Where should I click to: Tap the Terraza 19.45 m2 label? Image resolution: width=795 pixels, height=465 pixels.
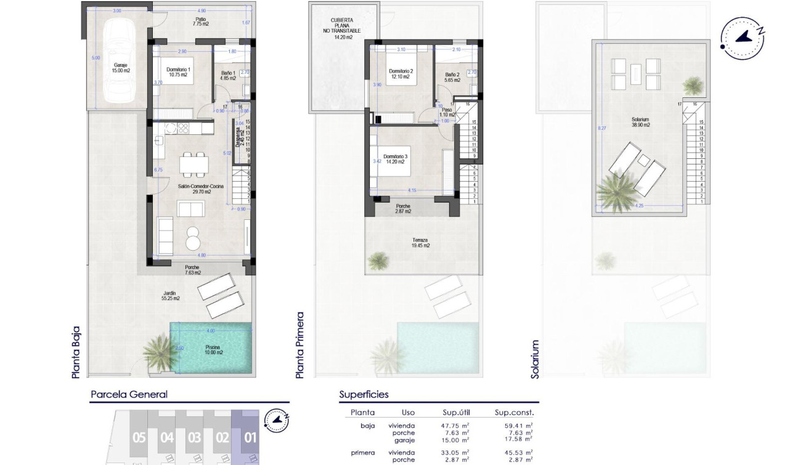(421, 243)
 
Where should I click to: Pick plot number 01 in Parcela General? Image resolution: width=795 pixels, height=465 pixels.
(250, 438)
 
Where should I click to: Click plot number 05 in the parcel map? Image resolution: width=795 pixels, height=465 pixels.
(139, 438)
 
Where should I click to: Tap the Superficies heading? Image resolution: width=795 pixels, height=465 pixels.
(364, 395)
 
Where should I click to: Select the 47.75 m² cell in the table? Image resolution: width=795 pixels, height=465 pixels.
(456, 425)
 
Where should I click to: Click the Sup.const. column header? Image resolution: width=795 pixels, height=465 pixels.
(514, 413)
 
